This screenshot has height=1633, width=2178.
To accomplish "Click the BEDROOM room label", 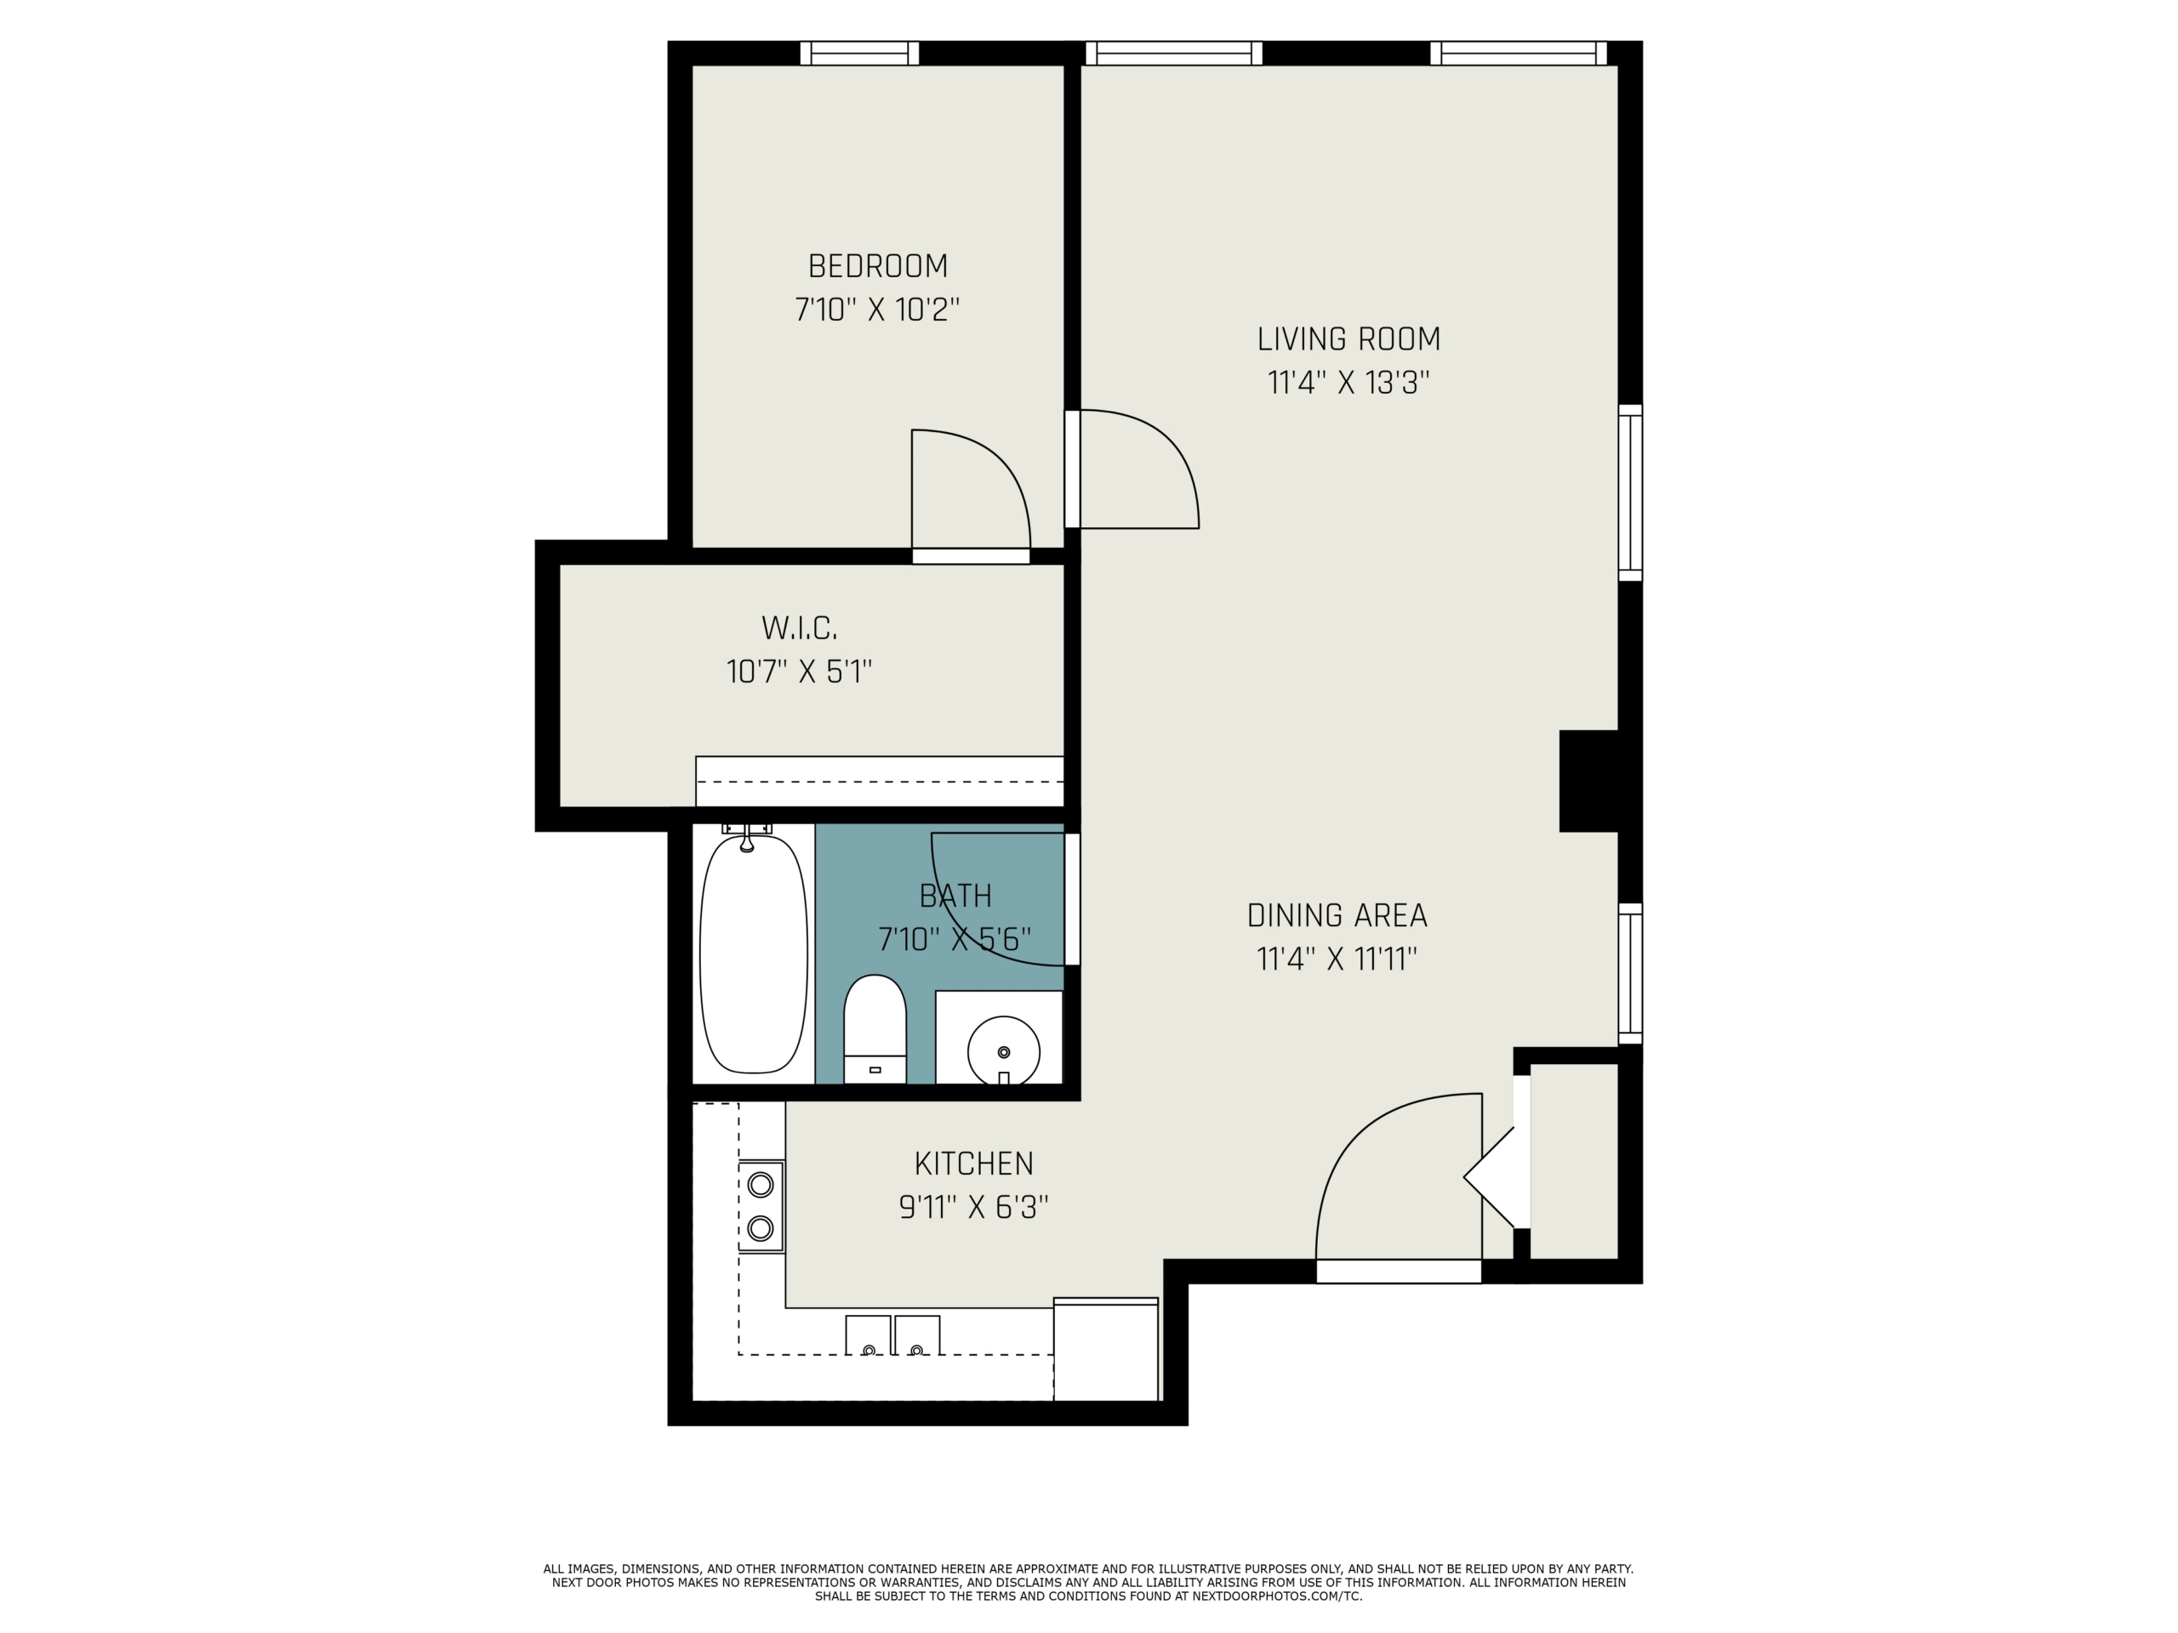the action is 877,265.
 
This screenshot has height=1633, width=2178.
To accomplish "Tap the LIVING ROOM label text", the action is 1348,339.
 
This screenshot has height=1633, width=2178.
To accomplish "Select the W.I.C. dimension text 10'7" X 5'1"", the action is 799,672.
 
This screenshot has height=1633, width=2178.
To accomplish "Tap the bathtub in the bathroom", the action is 753,953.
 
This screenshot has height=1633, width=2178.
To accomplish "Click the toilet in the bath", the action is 875,1028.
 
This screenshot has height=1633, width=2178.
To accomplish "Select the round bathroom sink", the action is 1003,1051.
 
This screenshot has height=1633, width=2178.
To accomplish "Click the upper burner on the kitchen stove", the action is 760,1184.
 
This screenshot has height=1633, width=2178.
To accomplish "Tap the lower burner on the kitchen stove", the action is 760,1227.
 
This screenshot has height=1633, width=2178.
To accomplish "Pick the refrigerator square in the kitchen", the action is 1106,1349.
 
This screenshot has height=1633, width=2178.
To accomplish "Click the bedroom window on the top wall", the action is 858,53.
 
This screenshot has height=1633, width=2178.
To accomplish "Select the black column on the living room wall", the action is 1588,781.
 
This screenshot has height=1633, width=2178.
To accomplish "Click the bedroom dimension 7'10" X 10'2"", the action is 876,310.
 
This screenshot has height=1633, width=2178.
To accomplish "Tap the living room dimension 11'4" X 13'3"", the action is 1348,383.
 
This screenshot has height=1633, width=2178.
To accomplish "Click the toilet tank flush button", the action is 875,1069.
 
